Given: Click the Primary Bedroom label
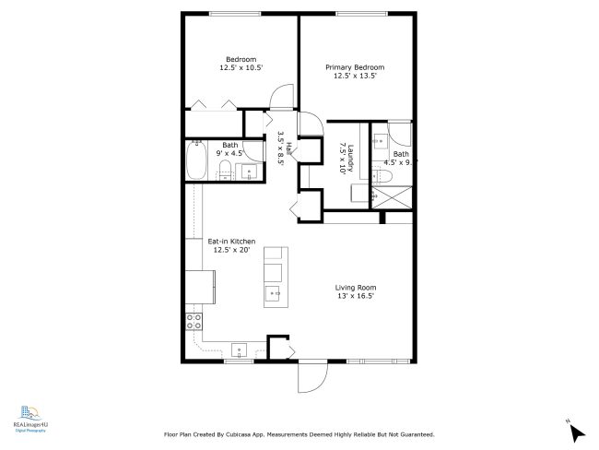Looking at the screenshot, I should [x=355, y=67].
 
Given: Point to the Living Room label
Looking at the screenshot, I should [x=355, y=288].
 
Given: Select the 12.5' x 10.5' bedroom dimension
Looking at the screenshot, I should [x=241, y=67].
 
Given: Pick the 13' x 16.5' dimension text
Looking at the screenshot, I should [x=355, y=297].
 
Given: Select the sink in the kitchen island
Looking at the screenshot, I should [x=275, y=294].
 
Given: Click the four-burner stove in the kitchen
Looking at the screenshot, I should [x=194, y=321].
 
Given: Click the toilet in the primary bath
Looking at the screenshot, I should [x=386, y=175].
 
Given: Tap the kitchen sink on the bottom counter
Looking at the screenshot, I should [x=239, y=349].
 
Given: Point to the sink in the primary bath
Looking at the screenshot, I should [x=380, y=143].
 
